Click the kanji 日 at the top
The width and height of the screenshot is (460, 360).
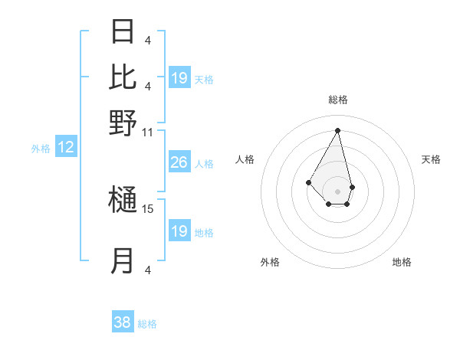[x=123, y=31]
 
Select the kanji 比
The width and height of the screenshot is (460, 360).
[x=123, y=77]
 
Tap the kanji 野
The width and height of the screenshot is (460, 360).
[x=123, y=122]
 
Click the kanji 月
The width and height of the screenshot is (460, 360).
[x=123, y=261]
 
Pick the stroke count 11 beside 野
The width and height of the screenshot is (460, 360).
[x=148, y=132]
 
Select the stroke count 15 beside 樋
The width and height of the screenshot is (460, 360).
[x=148, y=208]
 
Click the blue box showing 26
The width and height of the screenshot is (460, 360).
[x=179, y=162]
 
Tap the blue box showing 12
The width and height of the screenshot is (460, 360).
[x=66, y=148]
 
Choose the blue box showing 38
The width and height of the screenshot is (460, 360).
[x=123, y=322]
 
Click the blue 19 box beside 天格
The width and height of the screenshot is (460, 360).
[x=179, y=77]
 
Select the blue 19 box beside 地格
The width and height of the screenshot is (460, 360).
[x=179, y=231]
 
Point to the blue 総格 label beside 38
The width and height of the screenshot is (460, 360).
[x=147, y=324]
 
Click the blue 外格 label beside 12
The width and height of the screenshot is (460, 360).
[x=41, y=149]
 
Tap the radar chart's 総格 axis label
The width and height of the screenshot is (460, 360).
[x=338, y=100]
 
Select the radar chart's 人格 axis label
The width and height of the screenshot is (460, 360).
[x=245, y=159]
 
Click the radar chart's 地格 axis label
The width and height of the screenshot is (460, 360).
[x=402, y=263]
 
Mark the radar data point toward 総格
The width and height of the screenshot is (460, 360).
[x=338, y=129]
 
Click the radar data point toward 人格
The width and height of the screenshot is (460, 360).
[x=308, y=182]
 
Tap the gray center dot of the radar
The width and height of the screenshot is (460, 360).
[x=338, y=191]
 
